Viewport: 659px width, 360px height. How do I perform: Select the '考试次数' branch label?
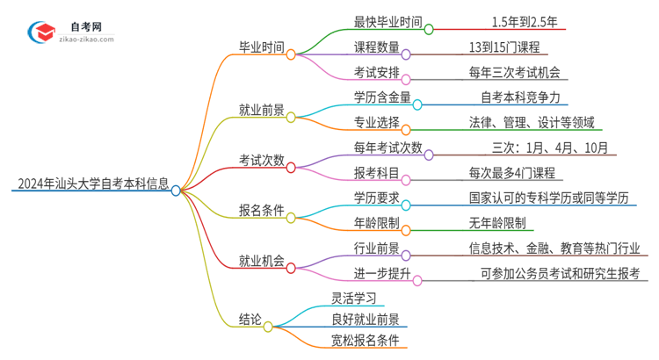(x=261, y=160)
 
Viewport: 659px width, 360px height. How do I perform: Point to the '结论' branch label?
(x=250, y=321)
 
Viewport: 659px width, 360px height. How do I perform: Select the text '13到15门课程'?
(x=505, y=47)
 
